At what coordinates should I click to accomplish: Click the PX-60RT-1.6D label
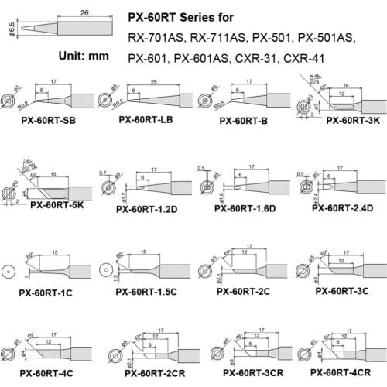[245, 208]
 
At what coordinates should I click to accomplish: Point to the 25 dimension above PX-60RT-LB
[155, 81]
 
